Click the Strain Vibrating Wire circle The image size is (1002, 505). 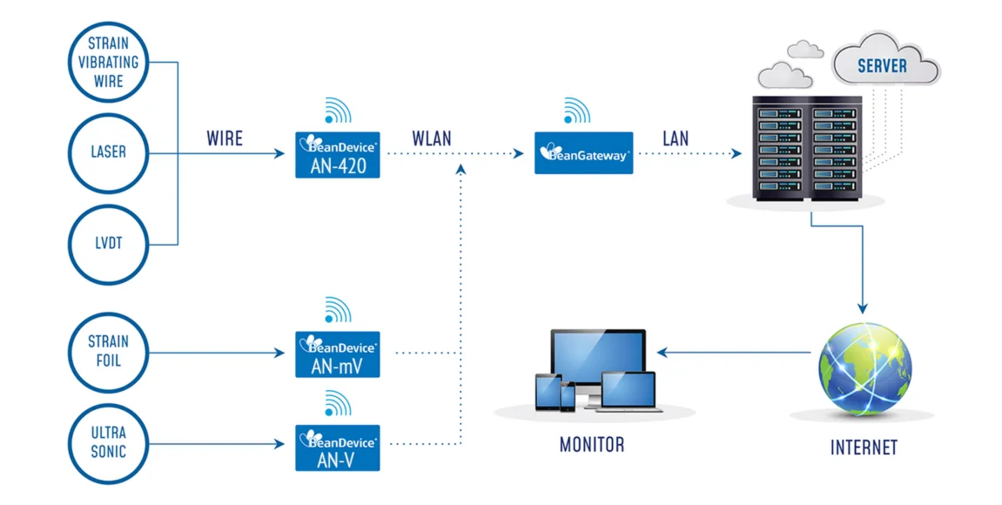point(108,62)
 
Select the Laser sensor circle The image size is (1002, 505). point(108,152)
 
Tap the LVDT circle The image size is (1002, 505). point(108,244)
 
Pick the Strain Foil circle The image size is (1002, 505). point(108,352)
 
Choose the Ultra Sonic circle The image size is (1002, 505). point(108,442)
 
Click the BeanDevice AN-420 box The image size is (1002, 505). point(338,155)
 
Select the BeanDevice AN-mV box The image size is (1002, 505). point(338,354)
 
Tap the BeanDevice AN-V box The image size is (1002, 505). point(338,447)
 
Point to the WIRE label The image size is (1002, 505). point(224,138)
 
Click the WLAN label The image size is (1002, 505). point(432,138)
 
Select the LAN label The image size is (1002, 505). point(675,138)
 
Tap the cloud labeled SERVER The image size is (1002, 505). point(882,64)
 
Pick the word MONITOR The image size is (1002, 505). point(592,445)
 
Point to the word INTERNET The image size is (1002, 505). point(864,448)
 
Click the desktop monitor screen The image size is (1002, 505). point(597,357)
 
